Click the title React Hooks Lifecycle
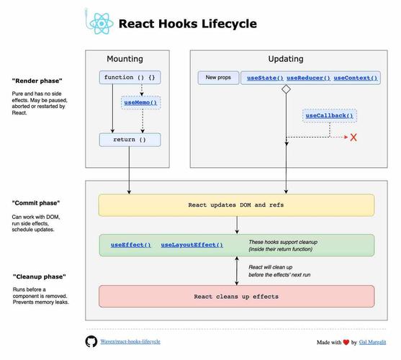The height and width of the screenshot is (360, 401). point(187,24)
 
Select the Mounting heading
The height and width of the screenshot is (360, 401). point(125,58)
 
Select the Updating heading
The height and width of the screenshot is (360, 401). point(285,58)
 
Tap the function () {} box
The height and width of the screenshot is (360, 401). point(130,77)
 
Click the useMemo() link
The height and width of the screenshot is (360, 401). point(140,103)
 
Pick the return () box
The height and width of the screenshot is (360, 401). point(130,140)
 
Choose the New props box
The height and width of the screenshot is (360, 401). point(218,77)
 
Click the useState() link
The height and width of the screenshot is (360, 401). point(265,77)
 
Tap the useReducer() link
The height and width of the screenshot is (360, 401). point(308,77)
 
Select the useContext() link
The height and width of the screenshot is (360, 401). point(356,77)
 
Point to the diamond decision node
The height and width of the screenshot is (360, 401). point(286,90)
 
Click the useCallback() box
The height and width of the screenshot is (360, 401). point(330,115)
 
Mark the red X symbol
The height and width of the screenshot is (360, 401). point(353,137)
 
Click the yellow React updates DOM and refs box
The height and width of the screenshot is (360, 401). point(237,205)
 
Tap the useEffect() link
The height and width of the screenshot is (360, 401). point(130,246)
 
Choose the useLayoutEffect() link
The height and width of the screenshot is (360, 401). point(192,246)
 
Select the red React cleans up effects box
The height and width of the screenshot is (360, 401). point(237,296)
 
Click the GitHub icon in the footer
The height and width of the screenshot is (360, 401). point(91,341)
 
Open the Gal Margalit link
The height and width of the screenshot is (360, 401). point(373,342)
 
